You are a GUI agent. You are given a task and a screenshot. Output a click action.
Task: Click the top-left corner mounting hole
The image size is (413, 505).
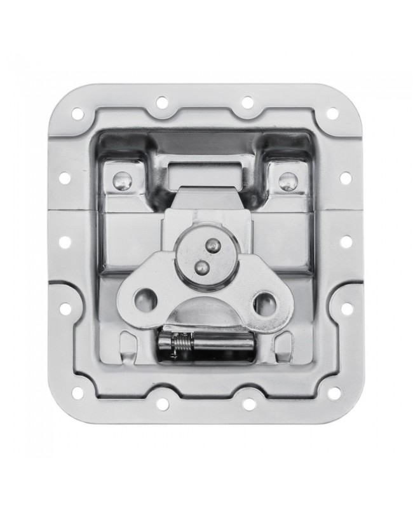78,114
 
